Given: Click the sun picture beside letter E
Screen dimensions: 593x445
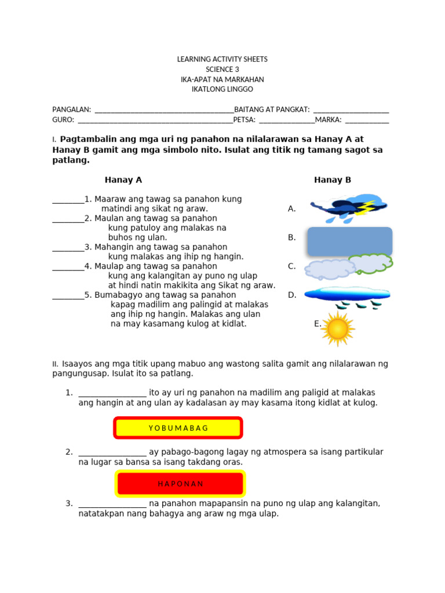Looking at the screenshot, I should [x=337, y=328].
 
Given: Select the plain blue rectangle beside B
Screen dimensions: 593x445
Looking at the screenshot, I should [x=349, y=241].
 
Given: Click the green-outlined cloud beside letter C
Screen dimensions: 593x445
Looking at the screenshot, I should [x=370, y=263].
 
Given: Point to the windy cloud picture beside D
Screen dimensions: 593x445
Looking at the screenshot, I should [x=347, y=295].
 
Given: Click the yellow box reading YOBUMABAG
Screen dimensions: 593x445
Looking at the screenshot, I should [x=178, y=428].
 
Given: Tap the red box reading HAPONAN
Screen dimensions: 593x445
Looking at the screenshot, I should [x=181, y=484].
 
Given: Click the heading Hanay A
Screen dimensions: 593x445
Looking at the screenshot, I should [x=123, y=180].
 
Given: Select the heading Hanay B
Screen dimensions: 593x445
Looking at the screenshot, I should [x=333, y=180].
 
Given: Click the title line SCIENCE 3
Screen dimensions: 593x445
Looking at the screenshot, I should [x=222, y=69].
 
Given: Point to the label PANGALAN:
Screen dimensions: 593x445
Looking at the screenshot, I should [x=72, y=109].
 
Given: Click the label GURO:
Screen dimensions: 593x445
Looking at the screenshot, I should [x=63, y=120].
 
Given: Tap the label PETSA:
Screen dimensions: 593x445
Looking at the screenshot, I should [x=244, y=120].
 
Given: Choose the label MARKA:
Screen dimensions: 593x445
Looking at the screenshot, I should [x=329, y=120].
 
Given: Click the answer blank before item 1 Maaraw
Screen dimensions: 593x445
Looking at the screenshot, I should [x=68, y=200].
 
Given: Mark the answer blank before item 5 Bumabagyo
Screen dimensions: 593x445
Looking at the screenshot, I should [x=68, y=295].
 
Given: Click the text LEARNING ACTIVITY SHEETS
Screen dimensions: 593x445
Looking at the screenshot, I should [x=222, y=60].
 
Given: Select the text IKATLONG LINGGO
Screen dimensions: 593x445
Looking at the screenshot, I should [x=222, y=89].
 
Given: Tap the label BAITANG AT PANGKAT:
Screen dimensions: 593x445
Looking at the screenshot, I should [x=272, y=109].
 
